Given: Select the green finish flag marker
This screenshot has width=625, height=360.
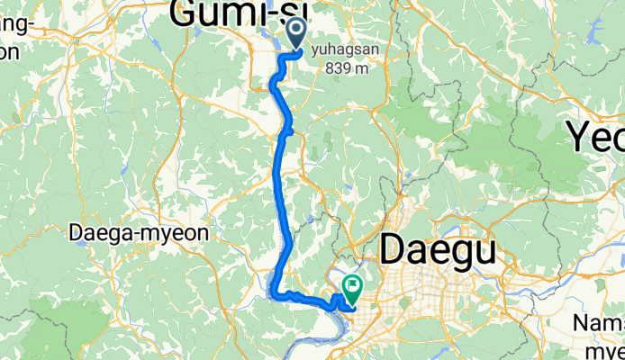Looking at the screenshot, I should pos(350,289).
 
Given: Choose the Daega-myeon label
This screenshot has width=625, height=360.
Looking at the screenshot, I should pos(139,234).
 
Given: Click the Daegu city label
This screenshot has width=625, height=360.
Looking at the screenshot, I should pos(438,249).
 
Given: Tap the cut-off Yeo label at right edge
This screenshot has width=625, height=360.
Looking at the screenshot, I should pos(595,138).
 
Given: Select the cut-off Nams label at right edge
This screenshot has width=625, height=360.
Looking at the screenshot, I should pos(599,322).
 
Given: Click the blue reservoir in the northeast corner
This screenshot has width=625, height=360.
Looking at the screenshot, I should pos(593,33).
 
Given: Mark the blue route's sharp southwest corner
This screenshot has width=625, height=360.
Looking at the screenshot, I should pos(272,289).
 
